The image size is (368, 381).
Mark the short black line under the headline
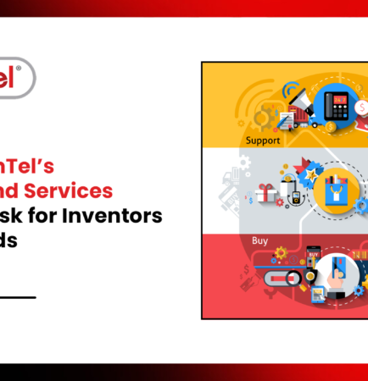[18, 296]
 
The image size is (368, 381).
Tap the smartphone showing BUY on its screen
[313, 256]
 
